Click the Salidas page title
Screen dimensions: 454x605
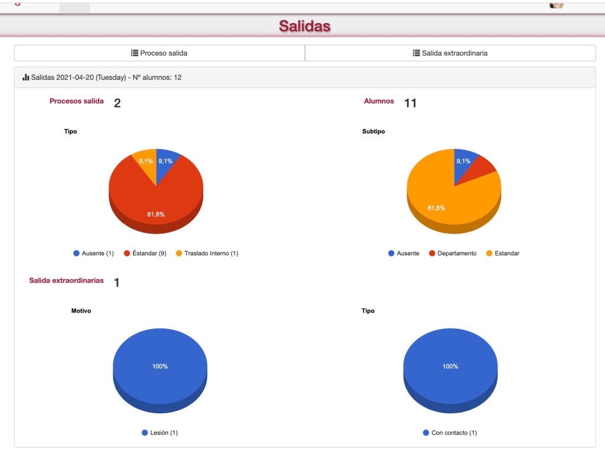click(x=304, y=26)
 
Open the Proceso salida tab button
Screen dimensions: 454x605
click(x=160, y=53)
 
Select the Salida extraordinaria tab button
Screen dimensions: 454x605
click(x=450, y=53)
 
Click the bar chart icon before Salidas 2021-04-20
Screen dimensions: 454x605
click(x=25, y=77)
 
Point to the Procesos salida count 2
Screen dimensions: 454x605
click(x=117, y=103)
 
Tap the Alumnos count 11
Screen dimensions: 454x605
click(x=410, y=103)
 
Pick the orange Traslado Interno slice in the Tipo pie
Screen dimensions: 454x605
click(x=146, y=163)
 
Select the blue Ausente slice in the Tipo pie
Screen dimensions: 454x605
click(x=167, y=163)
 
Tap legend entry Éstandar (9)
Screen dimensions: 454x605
click(x=145, y=254)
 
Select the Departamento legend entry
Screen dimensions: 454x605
click(x=453, y=254)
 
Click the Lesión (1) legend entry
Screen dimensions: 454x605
click(x=160, y=433)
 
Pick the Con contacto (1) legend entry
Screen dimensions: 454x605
click(x=450, y=433)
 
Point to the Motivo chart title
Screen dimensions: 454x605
click(x=81, y=311)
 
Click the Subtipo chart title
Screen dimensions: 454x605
click(x=373, y=131)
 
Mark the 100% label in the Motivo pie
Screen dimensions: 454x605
click(x=160, y=367)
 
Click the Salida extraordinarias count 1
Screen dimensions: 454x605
click(x=117, y=283)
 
